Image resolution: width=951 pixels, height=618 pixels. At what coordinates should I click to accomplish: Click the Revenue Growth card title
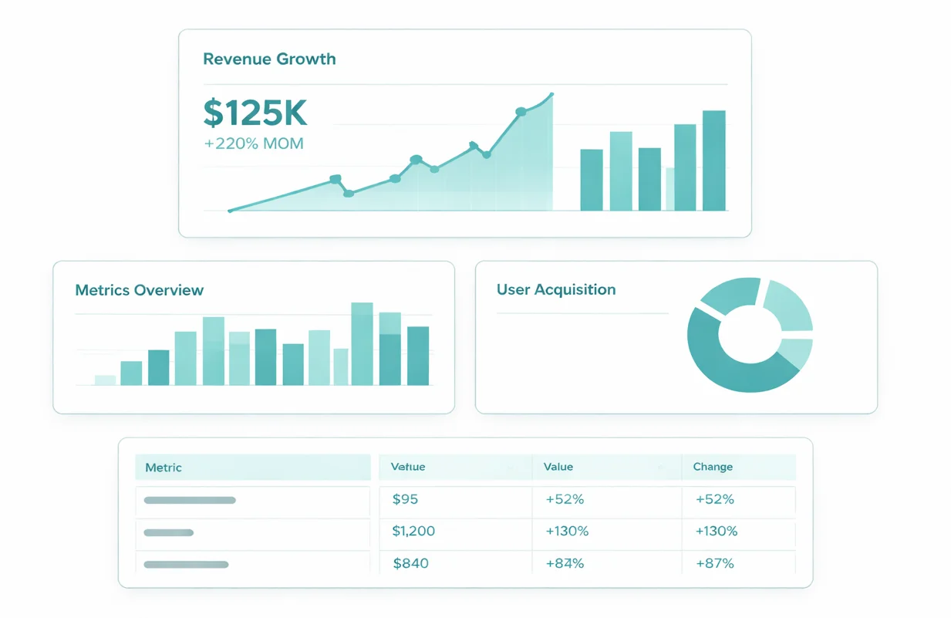(x=269, y=59)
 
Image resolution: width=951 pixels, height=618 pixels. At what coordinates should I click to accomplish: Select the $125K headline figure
(x=255, y=113)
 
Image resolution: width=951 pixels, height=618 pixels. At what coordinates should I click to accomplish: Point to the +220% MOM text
(x=254, y=144)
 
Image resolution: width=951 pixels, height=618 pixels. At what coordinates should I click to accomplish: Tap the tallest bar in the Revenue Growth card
(x=713, y=160)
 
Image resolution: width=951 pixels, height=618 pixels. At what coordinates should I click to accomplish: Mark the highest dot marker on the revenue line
(x=521, y=112)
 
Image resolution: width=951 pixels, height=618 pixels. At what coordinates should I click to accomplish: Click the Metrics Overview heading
(x=140, y=291)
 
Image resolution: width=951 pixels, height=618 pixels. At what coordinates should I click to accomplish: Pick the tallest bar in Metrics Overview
(x=362, y=343)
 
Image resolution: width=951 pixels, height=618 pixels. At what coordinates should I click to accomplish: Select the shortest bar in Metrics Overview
(x=105, y=380)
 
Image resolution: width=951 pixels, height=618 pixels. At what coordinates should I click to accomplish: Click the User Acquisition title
(x=556, y=290)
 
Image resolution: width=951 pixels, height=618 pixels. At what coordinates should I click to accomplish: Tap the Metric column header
(x=164, y=468)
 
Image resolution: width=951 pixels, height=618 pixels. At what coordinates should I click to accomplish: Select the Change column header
(x=713, y=467)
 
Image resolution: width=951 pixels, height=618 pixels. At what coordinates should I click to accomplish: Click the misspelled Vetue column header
(x=408, y=467)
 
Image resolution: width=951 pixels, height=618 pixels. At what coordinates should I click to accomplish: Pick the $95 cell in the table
(x=405, y=499)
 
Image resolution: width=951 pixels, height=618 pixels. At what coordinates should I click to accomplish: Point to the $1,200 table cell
(x=413, y=531)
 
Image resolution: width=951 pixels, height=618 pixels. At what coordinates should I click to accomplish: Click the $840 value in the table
(x=410, y=563)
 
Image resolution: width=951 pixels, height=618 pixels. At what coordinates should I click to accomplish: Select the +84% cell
(x=565, y=563)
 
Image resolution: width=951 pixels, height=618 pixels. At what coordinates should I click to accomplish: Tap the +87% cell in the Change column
(x=714, y=563)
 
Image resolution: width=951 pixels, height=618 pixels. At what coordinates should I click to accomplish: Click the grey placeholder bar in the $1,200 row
(x=169, y=532)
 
